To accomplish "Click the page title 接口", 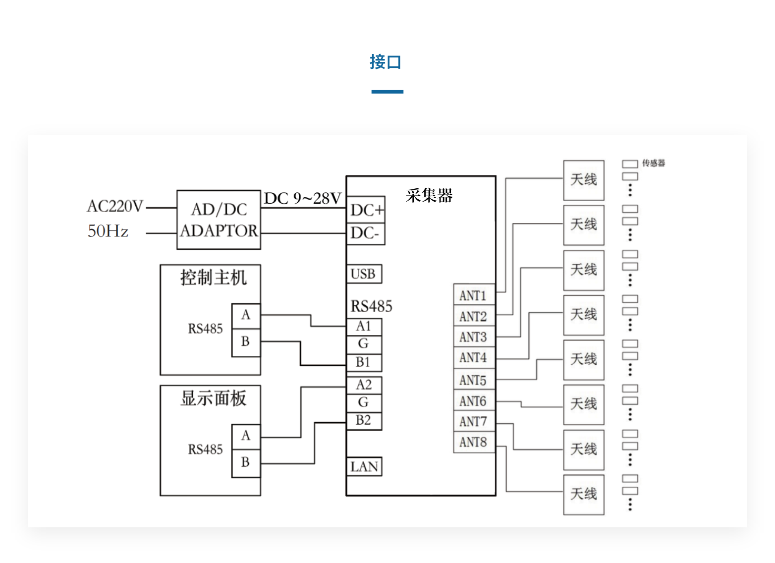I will [x=386, y=62].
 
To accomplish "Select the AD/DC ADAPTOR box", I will [x=219, y=220].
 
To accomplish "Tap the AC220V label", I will [x=115, y=206].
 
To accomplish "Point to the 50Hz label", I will [x=108, y=231].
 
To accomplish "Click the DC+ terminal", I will [x=366, y=210].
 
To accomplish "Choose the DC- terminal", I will [x=365, y=233].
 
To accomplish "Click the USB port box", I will [x=364, y=274].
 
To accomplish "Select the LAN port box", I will [x=364, y=466].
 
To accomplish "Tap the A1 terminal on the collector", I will [x=364, y=326].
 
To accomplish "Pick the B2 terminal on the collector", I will [x=364, y=420].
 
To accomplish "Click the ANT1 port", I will [x=474, y=295].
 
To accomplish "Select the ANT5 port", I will [x=474, y=380].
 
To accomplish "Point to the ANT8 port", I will [x=474, y=442].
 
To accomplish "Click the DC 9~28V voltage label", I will [x=302, y=198].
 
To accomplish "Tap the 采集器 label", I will [x=429, y=195].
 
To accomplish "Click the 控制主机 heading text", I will [x=213, y=278].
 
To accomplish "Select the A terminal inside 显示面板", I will [x=246, y=436].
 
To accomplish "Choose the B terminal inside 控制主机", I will [x=246, y=341].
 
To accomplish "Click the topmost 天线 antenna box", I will [x=584, y=180].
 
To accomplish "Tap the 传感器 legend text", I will [x=654, y=163].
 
